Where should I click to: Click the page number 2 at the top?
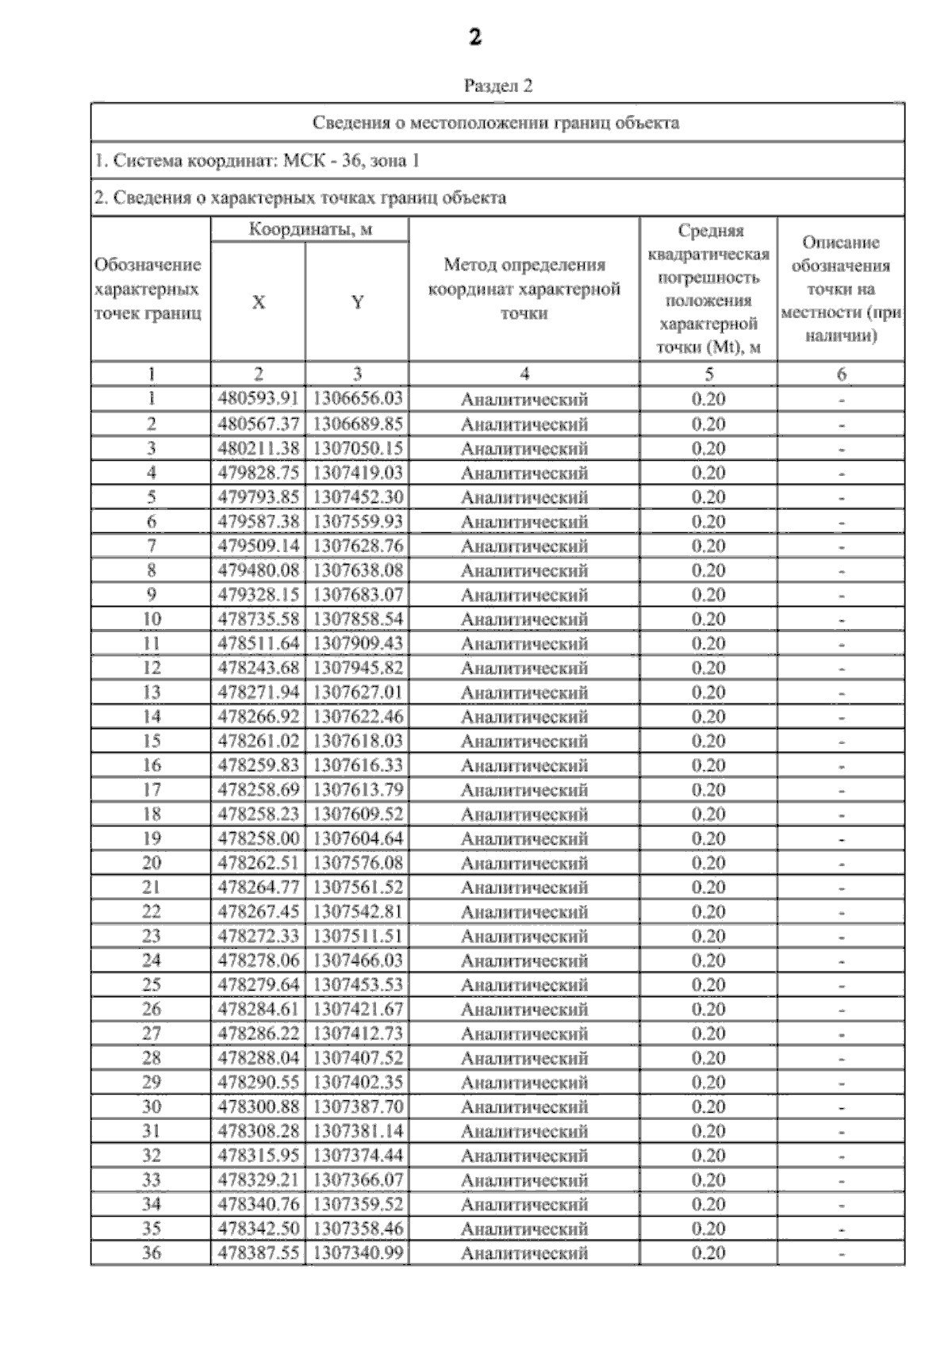(x=474, y=37)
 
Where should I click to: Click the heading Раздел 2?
(x=497, y=86)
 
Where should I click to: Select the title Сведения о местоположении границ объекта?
(x=496, y=123)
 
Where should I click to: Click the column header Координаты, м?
(x=310, y=230)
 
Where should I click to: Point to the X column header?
(x=259, y=302)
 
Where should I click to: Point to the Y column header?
(x=358, y=302)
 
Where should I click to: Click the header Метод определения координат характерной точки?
(x=524, y=289)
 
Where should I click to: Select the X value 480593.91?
(x=259, y=399)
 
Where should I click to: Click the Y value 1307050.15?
(x=358, y=448)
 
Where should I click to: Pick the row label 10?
(x=151, y=619)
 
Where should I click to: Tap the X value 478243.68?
(x=259, y=668)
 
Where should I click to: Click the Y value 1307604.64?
(x=358, y=838)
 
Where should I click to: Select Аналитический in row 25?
(x=524, y=985)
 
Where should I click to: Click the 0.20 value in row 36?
(x=708, y=1253)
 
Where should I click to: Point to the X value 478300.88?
(x=259, y=1106)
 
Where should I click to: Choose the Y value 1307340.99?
(x=358, y=1253)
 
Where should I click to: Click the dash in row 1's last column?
(x=842, y=401)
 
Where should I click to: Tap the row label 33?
(x=151, y=1179)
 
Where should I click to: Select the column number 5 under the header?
(x=708, y=374)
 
